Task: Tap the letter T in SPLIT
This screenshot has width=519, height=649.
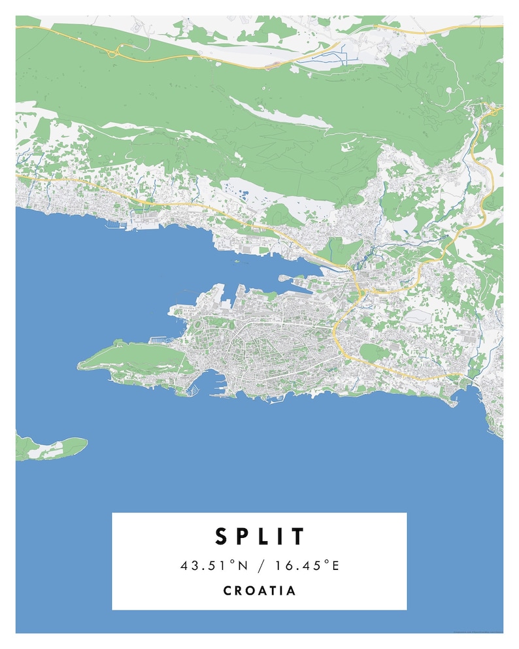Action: click(x=299, y=537)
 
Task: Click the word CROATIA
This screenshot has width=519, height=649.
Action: click(x=259, y=591)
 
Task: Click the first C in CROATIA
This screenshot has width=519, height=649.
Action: click(x=227, y=591)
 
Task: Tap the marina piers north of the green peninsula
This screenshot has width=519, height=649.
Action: click(x=159, y=340)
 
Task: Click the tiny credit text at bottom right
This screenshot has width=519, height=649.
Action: click(x=477, y=631)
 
